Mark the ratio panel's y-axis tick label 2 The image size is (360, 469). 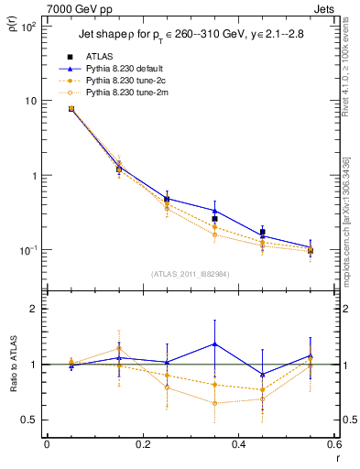click(33, 310)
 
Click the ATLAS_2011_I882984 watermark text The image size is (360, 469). click(191, 274)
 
